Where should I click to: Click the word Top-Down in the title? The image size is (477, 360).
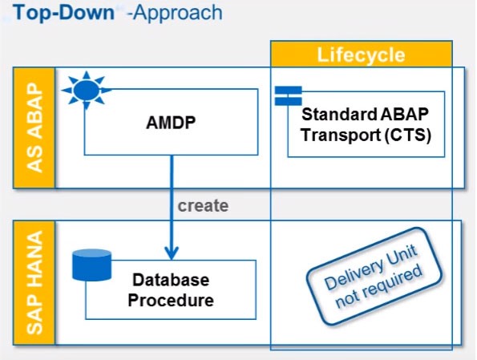[63, 13]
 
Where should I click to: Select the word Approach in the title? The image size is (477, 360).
[178, 14]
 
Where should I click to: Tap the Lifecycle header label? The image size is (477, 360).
[361, 55]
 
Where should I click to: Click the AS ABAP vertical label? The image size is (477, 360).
[34, 127]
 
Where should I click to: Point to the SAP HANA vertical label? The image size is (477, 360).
[34, 283]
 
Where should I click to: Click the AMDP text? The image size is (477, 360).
[171, 123]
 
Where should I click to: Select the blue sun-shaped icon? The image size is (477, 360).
[87, 90]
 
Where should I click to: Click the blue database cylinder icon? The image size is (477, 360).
[92, 265]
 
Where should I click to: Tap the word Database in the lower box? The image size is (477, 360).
[171, 280]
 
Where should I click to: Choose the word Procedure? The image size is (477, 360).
[171, 300]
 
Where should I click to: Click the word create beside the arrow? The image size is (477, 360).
[203, 206]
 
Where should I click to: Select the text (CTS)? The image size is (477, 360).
[408, 135]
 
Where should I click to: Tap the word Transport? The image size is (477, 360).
[341, 136]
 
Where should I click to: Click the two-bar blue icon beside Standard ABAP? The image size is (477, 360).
[288, 96]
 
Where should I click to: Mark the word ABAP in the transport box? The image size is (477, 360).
[404, 114]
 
